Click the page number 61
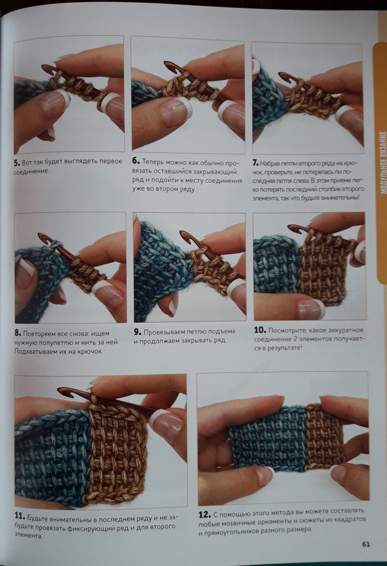[x=365, y=544]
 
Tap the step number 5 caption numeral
[x=17, y=163]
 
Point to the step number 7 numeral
[x=255, y=163]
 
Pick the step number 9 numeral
[x=137, y=332]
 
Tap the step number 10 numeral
[x=260, y=330]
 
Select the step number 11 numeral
[x=20, y=516]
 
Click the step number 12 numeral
[x=204, y=514]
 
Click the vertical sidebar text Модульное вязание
[x=382, y=162]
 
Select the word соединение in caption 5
[x=31, y=171]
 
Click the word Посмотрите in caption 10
[x=287, y=331]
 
